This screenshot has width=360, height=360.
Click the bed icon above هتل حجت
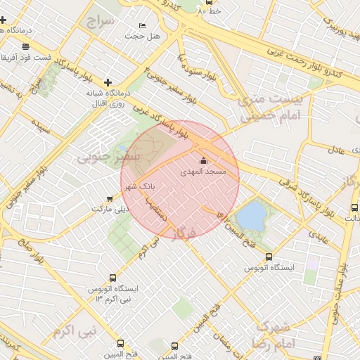tap(143, 26)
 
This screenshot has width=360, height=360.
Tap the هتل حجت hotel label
tap(143, 36)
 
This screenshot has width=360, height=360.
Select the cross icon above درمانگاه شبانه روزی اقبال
tap(107, 82)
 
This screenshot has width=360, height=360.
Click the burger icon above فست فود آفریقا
tap(26, 46)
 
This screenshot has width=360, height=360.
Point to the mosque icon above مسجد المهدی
tap(204, 161)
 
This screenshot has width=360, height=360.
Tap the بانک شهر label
tap(139, 187)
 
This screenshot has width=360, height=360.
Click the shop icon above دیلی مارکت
tap(108, 199)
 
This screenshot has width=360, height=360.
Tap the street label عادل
tap(335, 149)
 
